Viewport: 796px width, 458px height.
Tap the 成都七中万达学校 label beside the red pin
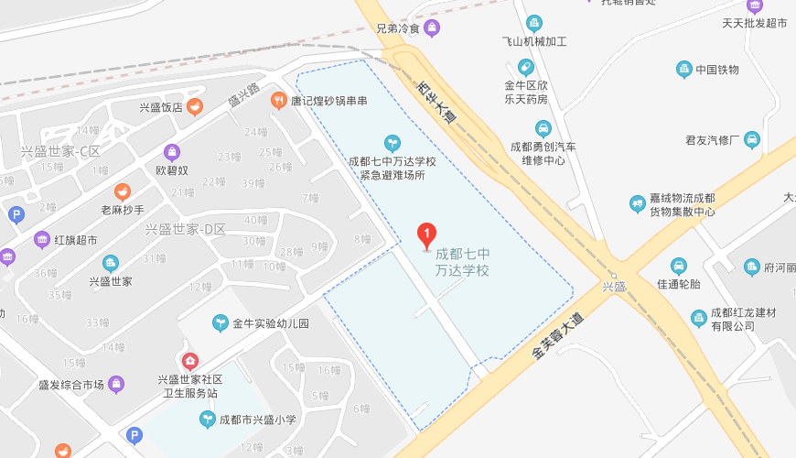tap(462, 262)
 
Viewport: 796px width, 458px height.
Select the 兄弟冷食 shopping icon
tap(432, 28)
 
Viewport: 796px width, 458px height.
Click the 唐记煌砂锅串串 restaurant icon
tap(278, 101)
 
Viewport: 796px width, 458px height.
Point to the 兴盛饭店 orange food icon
tap(195, 107)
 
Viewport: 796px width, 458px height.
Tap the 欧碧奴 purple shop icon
tap(171, 152)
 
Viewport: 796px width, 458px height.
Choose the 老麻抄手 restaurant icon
tap(122, 191)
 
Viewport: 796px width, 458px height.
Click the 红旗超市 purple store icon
tap(41, 240)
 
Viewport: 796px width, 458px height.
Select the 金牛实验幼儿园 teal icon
tap(220, 323)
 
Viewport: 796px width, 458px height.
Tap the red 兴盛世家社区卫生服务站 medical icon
tap(189, 362)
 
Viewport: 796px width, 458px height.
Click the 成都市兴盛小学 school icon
tap(207, 420)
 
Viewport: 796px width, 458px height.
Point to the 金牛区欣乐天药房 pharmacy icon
tap(525, 67)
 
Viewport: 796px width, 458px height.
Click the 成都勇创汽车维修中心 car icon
tap(543, 128)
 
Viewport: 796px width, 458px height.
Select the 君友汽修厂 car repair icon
tap(751, 140)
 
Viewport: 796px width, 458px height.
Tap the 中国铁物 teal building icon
tap(683, 70)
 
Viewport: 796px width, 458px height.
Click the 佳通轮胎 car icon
tap(678, 266)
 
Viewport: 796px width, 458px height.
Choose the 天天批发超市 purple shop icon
tap(754, 5)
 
